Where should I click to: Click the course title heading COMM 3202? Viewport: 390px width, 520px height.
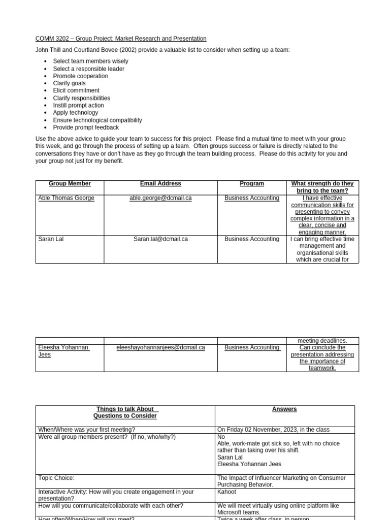point(121,39)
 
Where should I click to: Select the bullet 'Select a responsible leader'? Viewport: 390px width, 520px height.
point(88,69)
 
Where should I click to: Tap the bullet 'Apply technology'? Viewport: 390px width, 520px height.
point(75,113)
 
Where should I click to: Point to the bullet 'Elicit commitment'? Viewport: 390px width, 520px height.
point(76,90)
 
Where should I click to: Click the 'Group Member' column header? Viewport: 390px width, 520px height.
point(70,184)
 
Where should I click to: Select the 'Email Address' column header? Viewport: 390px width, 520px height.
point(160,184)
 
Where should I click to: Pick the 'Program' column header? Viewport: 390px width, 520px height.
point(252,184)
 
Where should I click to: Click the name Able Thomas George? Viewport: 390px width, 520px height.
point(66,198)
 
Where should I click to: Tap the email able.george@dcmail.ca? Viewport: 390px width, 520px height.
point(160,198)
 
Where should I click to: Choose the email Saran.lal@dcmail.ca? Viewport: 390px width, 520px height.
point(160,239)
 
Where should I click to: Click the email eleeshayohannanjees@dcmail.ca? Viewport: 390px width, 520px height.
point(160,348)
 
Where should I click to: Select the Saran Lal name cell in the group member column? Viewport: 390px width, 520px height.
point(51,239)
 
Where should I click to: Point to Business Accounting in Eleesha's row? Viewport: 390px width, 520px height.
point(252,348)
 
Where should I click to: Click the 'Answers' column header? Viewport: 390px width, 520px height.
point(284,409)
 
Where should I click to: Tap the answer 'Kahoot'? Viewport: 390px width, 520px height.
point(226,492)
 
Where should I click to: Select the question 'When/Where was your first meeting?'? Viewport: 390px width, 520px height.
point(86,430)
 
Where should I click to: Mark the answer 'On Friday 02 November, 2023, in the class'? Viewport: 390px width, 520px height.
point(273,430)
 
